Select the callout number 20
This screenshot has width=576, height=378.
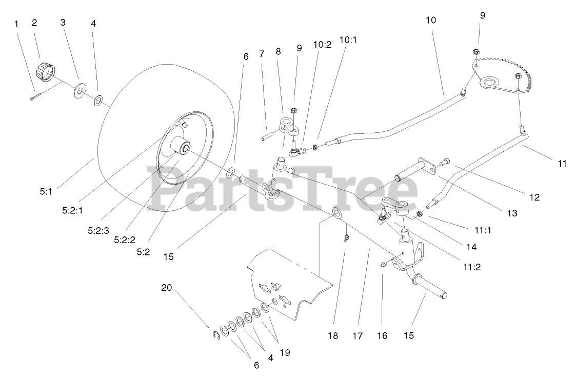tap(166, 288)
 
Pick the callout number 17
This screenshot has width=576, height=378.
tap(357, 336)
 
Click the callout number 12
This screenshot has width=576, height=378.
tap(535, 197)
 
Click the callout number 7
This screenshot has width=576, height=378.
tap(262, 53)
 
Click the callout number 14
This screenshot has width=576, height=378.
tap(471, 247)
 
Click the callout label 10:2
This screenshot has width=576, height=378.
tap(322, 44)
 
